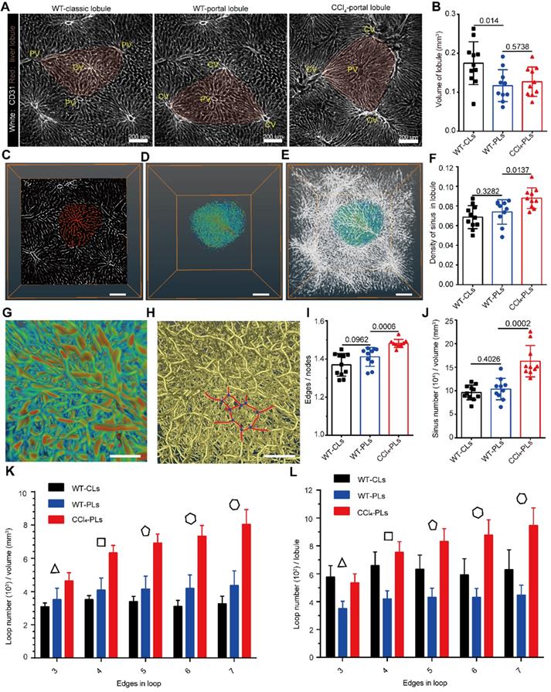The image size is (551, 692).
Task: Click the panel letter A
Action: tap(7, 6)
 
